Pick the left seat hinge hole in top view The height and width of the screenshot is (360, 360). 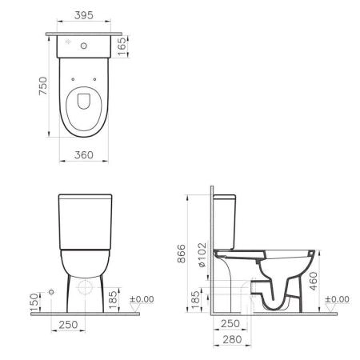[x=73, y=79]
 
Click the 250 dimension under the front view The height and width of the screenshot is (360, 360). [x=67, y=324]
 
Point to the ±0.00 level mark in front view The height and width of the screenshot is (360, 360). [x=144, y=299]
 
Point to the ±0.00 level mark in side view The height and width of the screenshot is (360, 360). [x=338, y=299]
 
